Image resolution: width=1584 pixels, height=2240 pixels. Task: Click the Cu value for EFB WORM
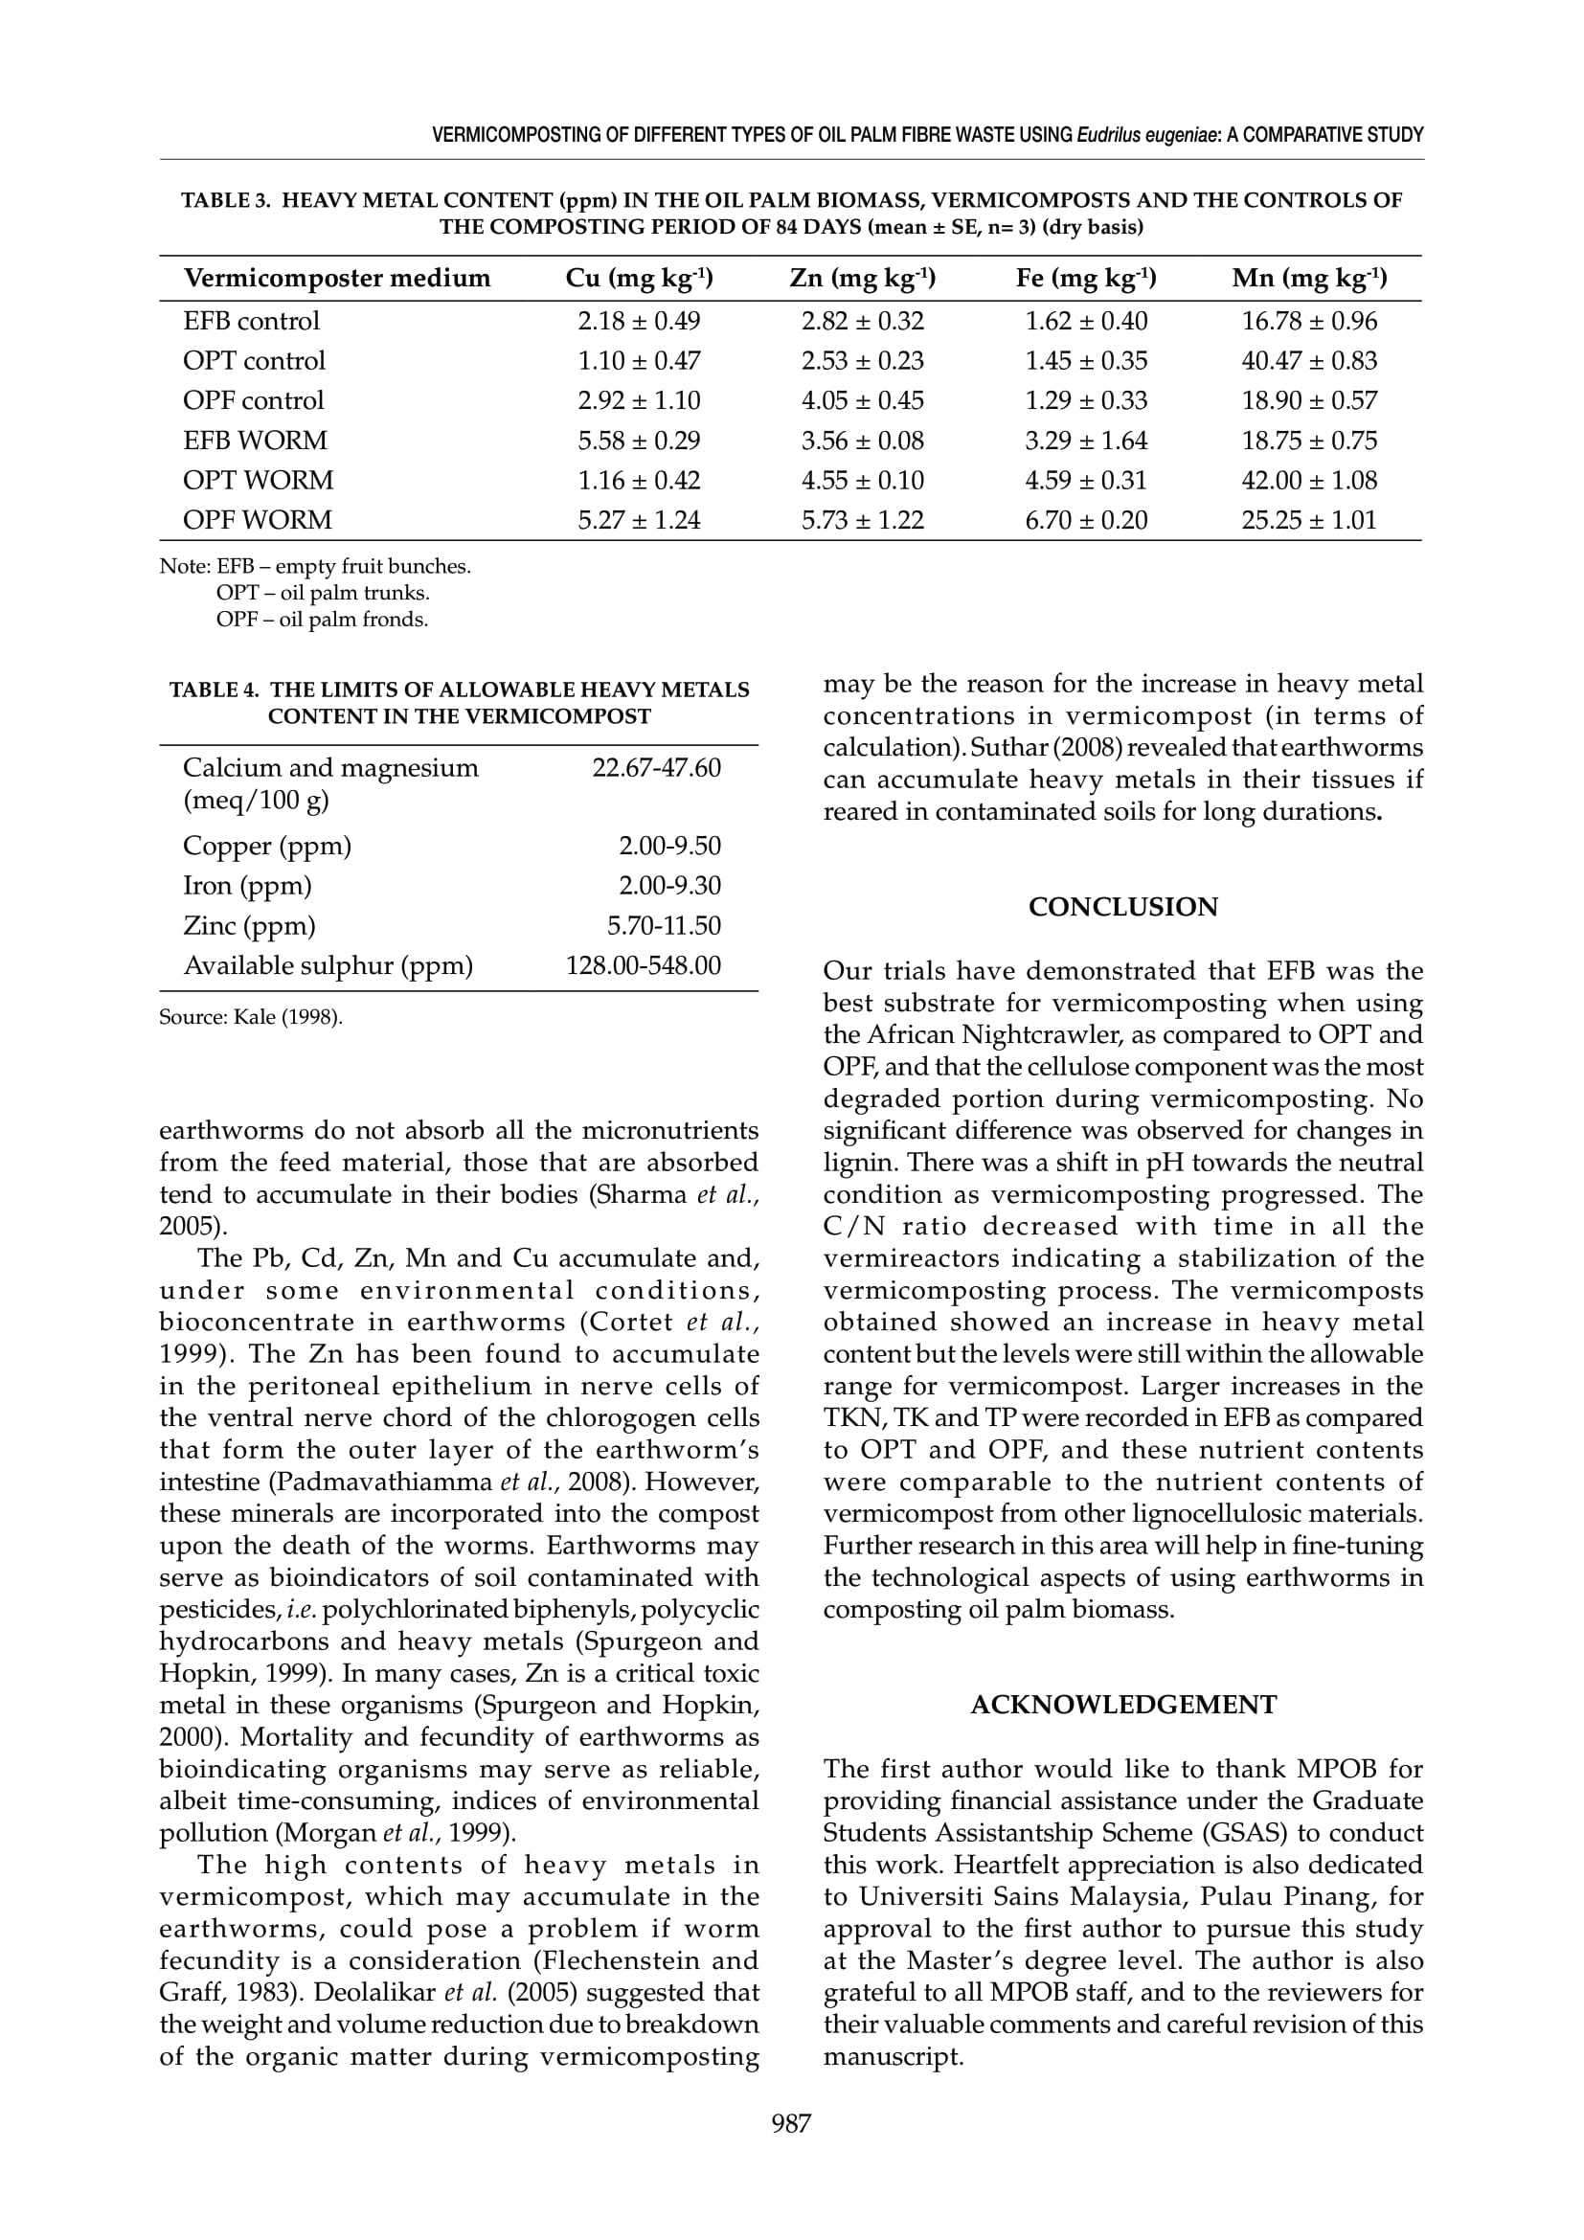639,441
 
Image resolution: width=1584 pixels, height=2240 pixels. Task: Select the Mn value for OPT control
1309,361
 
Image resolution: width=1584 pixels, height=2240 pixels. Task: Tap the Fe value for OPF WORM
1086,521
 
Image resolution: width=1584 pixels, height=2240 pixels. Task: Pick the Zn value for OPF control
862,401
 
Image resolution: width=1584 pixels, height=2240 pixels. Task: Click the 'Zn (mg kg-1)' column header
862,279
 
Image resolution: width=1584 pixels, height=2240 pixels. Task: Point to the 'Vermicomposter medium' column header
336,279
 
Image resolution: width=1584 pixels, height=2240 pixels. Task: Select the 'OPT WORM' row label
258,481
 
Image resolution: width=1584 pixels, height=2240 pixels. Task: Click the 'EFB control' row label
251,321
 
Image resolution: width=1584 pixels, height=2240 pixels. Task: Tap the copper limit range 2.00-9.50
669,846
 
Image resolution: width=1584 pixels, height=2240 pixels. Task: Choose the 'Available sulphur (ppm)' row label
328,966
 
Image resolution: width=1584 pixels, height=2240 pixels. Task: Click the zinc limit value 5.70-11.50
664,926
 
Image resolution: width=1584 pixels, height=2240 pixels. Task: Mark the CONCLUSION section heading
1122,907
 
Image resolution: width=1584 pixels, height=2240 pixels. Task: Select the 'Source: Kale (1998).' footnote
251,1018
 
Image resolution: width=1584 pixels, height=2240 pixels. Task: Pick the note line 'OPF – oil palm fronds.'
322,620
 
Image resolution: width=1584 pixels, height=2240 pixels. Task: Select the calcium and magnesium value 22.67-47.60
656,769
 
